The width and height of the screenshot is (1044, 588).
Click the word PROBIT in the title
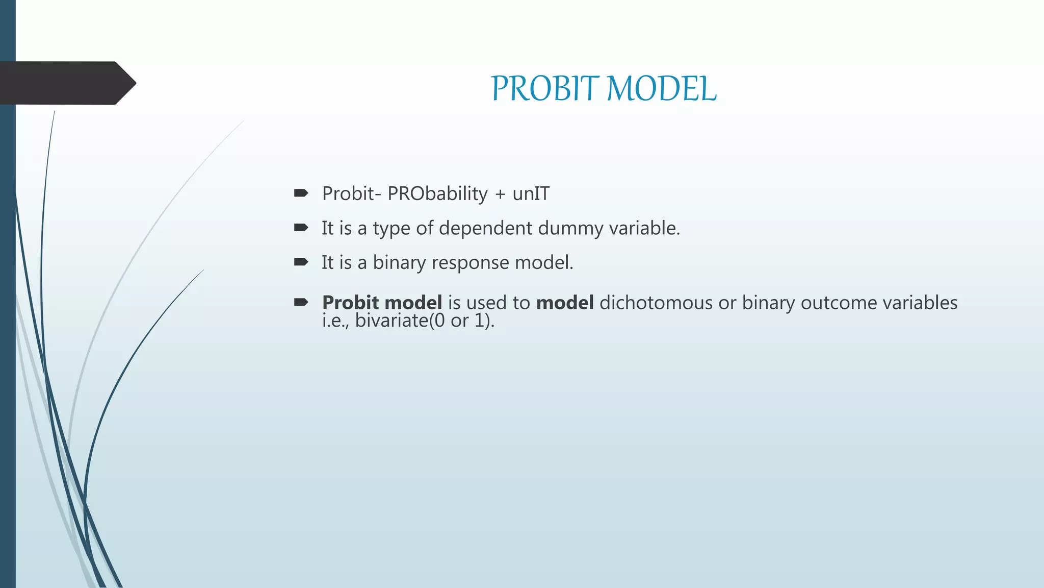tap(545, 89)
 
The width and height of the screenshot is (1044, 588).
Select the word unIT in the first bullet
tap(531, 194)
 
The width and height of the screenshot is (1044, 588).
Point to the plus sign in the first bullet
tap(500, 194)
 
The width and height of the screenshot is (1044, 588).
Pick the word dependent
tap(485, 228)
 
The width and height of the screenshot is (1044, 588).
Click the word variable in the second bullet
tap(644, 228)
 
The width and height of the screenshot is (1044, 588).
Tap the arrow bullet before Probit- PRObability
tap(301, 193)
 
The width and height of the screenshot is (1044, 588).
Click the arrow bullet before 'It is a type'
tap(301, 228)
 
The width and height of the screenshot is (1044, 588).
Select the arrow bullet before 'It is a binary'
tap(301, 262)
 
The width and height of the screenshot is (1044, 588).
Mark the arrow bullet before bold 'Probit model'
tap(301, 302)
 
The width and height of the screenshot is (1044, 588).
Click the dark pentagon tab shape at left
tap(66, 83)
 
